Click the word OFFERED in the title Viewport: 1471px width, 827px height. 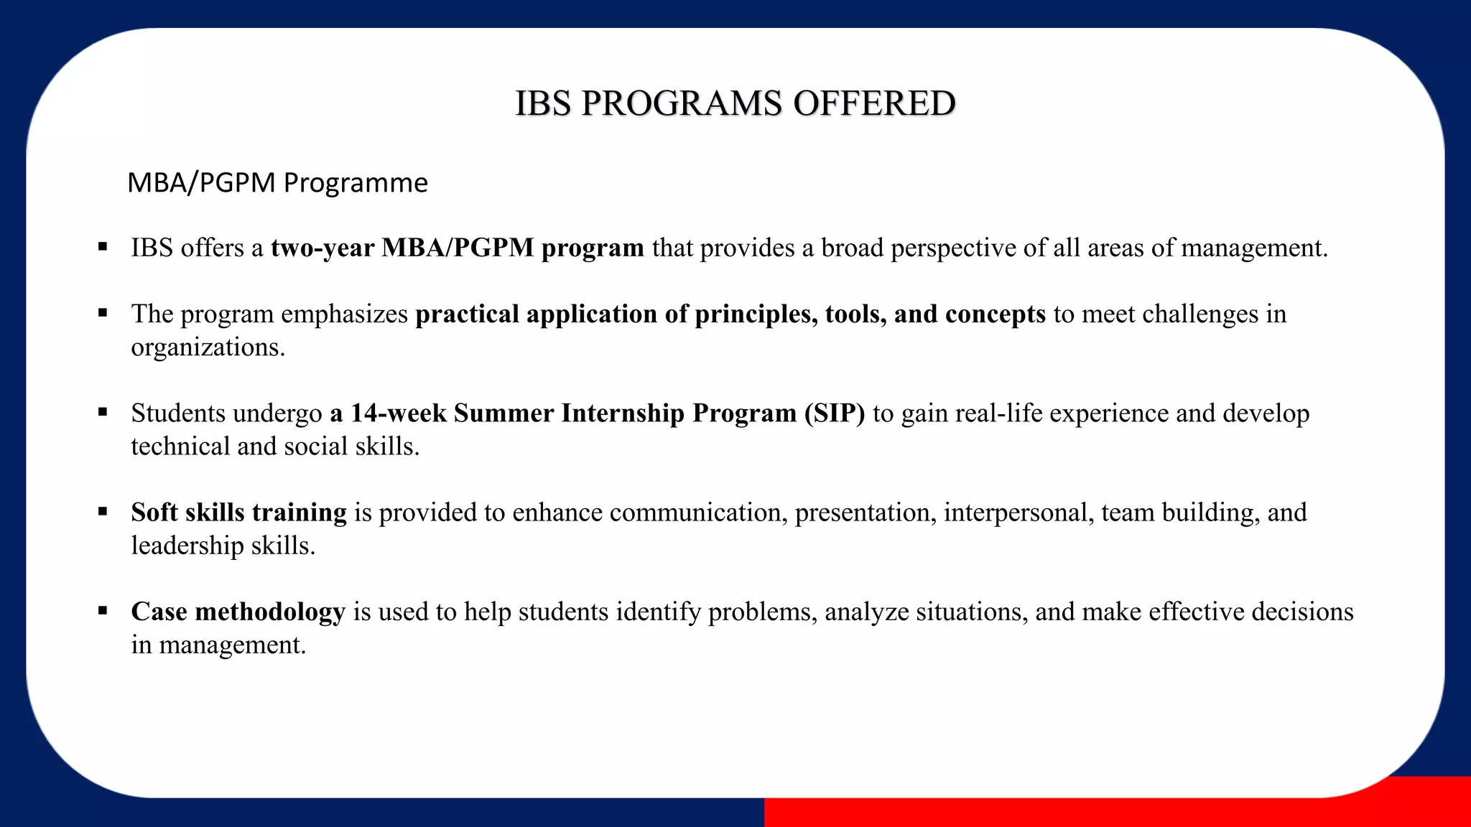(x=874, y=103)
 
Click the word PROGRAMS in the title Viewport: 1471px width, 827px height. (x=681, y=103)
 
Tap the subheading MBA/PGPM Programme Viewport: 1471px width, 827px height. (x=277, y=183)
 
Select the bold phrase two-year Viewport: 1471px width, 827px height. (x=322, y=248)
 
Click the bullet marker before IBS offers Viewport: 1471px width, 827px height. (x=103, y=248)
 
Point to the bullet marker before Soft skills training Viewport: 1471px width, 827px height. (x=103, y=512)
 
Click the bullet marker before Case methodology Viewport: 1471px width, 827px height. (x=103, y=611)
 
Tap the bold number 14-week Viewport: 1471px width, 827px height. (x=399, y=413)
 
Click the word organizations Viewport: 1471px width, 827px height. (x=208, y=347)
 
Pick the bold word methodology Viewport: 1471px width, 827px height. (x=270, y=612)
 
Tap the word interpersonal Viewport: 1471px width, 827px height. (x=1018, y=513)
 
